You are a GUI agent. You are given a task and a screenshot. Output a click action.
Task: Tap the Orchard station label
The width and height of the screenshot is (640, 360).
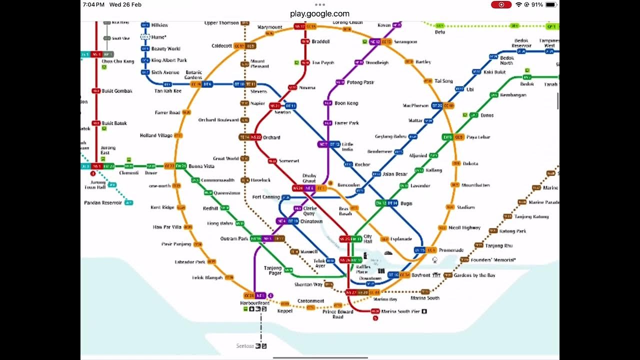pyautogui.click(x=271, y=137)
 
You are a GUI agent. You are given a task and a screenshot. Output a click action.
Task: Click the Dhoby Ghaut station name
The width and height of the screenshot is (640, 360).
pyautogui.click(x=309, y=178)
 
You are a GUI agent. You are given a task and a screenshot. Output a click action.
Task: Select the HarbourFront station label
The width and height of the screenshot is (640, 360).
pyautogui.click(x=255, y=303)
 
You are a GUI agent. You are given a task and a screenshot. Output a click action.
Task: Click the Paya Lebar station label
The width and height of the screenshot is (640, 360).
pyautogui.click(x=478, y=137)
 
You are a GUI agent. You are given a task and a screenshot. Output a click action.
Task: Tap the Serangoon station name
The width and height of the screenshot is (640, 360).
pyautogui.click(x=405, y=42)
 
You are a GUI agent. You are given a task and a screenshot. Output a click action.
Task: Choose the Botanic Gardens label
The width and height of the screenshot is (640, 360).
pyautogui.click(x=193, y=75)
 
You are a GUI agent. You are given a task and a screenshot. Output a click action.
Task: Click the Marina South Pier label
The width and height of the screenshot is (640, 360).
pyautogui.click(x=401, y=311)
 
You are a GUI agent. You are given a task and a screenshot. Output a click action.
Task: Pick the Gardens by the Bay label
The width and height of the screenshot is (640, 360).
pyautogui.click(x=474, y=275)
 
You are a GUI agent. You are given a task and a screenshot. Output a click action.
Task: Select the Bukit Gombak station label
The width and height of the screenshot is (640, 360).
pyautogui.click(x=116, y=91)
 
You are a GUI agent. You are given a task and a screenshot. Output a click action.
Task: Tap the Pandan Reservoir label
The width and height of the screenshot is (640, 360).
pyautogui.click(x=103, y=202)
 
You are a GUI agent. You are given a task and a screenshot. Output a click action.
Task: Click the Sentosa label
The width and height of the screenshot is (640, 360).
pyautogui.click(x=245, y=346)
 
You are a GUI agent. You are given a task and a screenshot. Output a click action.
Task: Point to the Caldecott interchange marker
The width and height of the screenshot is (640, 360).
pyautogui.click(x=245, y=46)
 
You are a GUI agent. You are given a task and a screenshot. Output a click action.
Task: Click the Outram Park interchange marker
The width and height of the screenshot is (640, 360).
pyautogui.click(x=267, y=238)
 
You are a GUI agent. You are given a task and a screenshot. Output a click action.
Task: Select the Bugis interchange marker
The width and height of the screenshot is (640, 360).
pyautogui.click(x=386, y=203)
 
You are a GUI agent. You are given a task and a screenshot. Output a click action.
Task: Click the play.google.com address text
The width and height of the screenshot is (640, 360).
pyautogui.click(x=319, y=13)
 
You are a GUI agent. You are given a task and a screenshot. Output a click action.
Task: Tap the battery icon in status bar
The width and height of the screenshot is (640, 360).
pyautogui.click(x=551, y=4)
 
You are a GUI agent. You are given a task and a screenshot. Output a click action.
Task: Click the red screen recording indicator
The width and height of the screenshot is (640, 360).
pyautogui.click(x=501, y=4)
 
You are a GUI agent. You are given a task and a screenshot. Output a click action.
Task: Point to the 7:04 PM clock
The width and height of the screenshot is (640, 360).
pyautogui.click(x=93, y=4)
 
